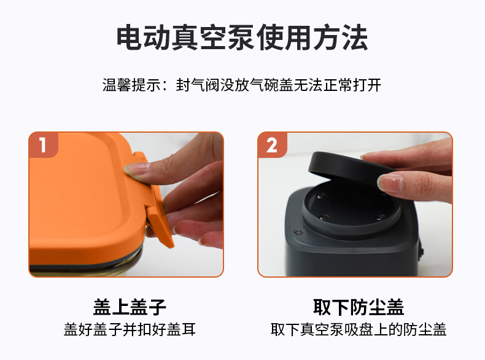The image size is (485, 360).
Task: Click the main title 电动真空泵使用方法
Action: (242, 37)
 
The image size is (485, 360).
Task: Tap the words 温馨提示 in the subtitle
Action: (132, 85)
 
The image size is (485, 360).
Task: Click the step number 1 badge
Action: (44, 145)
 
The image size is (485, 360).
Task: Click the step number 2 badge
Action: (272, 145)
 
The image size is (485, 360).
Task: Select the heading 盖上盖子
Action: (130, 307)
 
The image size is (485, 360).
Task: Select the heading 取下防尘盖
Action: (359, 307)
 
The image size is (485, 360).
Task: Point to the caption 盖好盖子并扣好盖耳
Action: (130, 329)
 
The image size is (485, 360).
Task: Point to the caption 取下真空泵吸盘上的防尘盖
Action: (359, 329)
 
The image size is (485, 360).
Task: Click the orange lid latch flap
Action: (155, 202)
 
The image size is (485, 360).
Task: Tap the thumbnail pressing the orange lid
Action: (136, 169)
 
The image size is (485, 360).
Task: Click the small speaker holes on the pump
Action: (298, 232)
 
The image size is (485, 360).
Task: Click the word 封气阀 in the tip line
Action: (198, 85)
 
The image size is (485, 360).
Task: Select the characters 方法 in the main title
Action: (340, 37)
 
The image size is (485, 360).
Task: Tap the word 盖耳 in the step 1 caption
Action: (181, 329)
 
